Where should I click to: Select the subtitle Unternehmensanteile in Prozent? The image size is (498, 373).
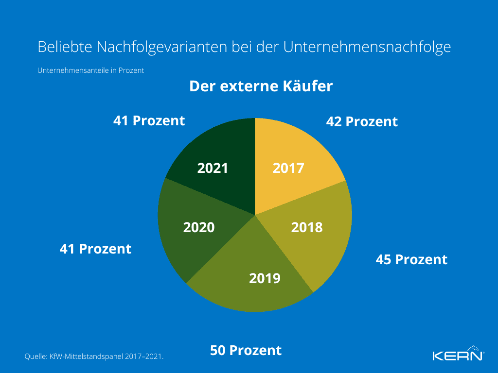coord(90,70)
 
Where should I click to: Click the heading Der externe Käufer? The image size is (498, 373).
coord(261,86)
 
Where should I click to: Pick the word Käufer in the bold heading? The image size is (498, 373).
coord(308,86)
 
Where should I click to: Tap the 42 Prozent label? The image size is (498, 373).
coord(362,121)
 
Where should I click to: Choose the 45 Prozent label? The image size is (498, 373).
coord(411,259)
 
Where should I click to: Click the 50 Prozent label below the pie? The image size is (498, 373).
coord(246,350)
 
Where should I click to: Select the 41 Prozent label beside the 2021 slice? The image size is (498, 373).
coord(149,120)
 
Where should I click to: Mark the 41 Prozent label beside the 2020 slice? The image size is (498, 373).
coord(95,249)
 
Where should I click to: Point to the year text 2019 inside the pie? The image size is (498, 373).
coord(265,278)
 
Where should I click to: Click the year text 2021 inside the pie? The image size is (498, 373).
coord(213,168)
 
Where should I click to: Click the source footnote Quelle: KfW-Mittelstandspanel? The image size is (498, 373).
coord(94,356)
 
